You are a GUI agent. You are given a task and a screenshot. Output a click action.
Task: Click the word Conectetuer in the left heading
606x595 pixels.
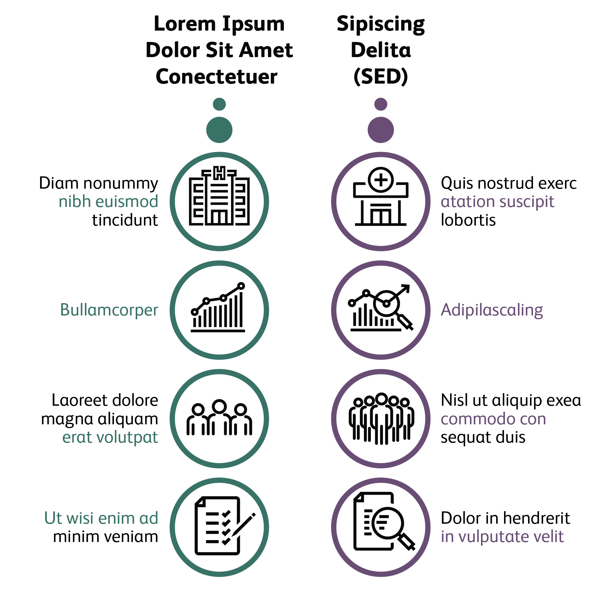[x=217, y=77]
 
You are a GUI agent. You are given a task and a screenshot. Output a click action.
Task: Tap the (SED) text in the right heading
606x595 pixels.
[x=381, y=77]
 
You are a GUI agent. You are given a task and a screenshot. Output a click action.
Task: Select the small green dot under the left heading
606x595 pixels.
[x=219, y=104]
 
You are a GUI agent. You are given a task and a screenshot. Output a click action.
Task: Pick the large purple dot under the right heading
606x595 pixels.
[x=381, y=130]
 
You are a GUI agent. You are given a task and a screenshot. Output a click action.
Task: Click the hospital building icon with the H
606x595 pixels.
[x=219, y=196]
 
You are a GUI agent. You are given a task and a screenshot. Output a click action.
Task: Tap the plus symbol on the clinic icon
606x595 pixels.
[x=381, y=180]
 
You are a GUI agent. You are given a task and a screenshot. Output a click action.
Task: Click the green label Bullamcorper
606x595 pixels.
[x=109, y=310]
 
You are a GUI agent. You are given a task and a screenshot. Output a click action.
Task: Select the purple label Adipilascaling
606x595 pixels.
[x=492, y=310]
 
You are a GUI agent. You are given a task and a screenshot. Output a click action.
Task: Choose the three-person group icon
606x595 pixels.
[x=219, y=418]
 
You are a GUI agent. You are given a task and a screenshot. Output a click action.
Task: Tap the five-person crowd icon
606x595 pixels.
[x=381, y=418]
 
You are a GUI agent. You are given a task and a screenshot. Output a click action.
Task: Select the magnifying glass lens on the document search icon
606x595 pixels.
[x=387, y=522]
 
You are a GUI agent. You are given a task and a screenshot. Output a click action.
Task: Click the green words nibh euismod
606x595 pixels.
[x=108, y=202]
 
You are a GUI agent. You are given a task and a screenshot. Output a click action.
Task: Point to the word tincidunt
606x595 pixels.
[x=125, y=220]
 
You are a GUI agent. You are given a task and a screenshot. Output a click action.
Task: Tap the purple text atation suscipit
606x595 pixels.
[x=497, y=202]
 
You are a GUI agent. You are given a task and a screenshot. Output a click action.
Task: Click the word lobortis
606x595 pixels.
[x=468, y=220]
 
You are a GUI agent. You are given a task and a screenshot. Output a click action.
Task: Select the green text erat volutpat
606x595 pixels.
[x=110, y=437]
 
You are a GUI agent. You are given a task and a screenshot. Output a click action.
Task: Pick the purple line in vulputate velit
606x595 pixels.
[x=502, y=536]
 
